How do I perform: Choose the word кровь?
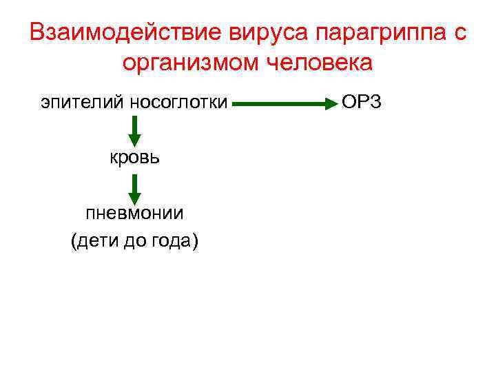click(x=134, y=157)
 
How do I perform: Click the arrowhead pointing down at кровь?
click(x=134, y=138)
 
